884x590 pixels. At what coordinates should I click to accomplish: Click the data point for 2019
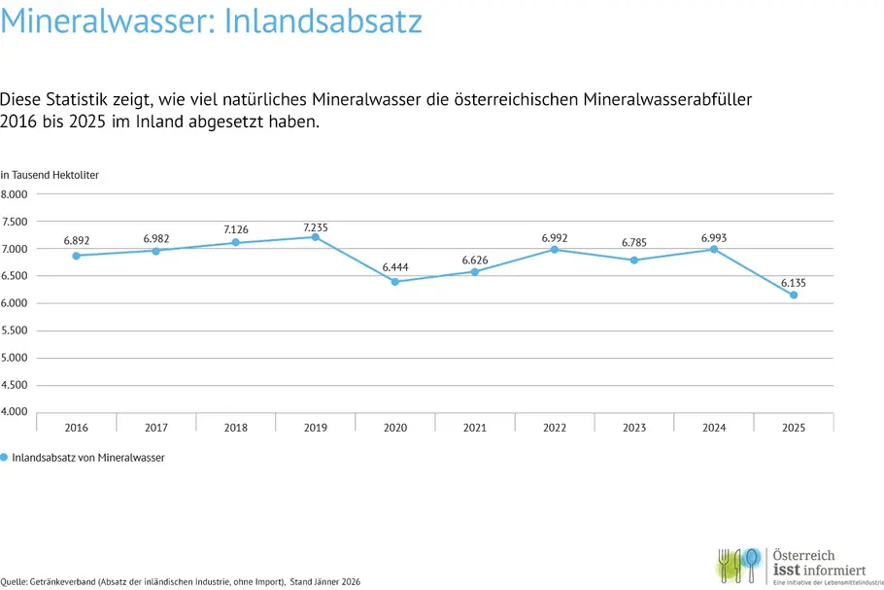coord(316,237)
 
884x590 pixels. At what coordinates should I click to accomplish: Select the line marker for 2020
coord(395,282)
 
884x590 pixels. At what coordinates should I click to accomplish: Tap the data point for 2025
coord(794,295)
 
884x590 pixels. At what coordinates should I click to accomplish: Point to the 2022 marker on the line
coord(555,250)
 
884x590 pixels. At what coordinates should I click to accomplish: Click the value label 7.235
coord(316,227)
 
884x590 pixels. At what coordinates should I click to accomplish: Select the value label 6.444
coord(395,266)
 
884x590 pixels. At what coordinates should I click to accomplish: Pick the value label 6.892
coord(77,239)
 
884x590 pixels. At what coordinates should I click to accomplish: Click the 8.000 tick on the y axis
coord(15,194)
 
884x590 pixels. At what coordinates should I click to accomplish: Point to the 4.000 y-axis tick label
coord(15,412)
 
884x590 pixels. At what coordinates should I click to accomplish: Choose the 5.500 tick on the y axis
coord(15,330)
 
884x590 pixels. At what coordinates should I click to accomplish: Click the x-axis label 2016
coord(77,427)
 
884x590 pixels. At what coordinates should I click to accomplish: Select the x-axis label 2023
coord(634,427)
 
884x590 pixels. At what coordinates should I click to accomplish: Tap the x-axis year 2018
coord(236,427)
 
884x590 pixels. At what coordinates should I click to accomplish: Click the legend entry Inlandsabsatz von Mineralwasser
coord(87,458)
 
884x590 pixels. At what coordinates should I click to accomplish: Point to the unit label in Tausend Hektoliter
coord(50,175)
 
